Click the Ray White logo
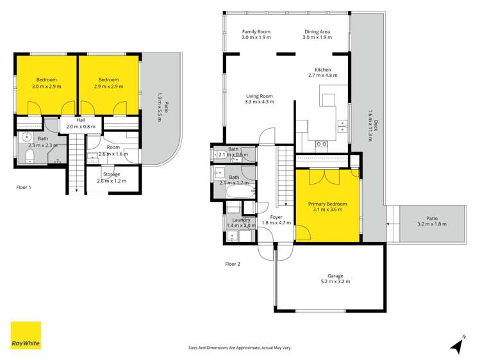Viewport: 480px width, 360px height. point(26,336)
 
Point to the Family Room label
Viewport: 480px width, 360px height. point(256,31)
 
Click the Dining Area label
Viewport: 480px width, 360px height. point(317,31)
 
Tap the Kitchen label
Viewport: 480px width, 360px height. point(322,69)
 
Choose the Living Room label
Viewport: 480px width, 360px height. point(260,96)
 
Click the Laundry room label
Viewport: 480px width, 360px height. point(241,220)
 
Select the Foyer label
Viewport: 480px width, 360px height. point(276,217)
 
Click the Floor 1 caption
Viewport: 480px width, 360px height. point(24,188)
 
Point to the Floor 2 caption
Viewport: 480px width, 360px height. point(232,264)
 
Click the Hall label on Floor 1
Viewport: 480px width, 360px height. point(81,120)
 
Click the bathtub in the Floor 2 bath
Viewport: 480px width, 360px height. point(238,190)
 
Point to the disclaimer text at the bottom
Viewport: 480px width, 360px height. point(240,348)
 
